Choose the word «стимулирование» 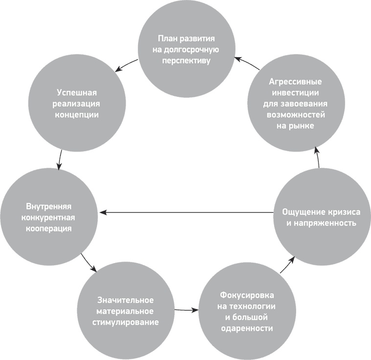click(x=126, y=322)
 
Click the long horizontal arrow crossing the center click(x=186, y=212)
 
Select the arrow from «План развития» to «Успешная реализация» click(x=126, y=64)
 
